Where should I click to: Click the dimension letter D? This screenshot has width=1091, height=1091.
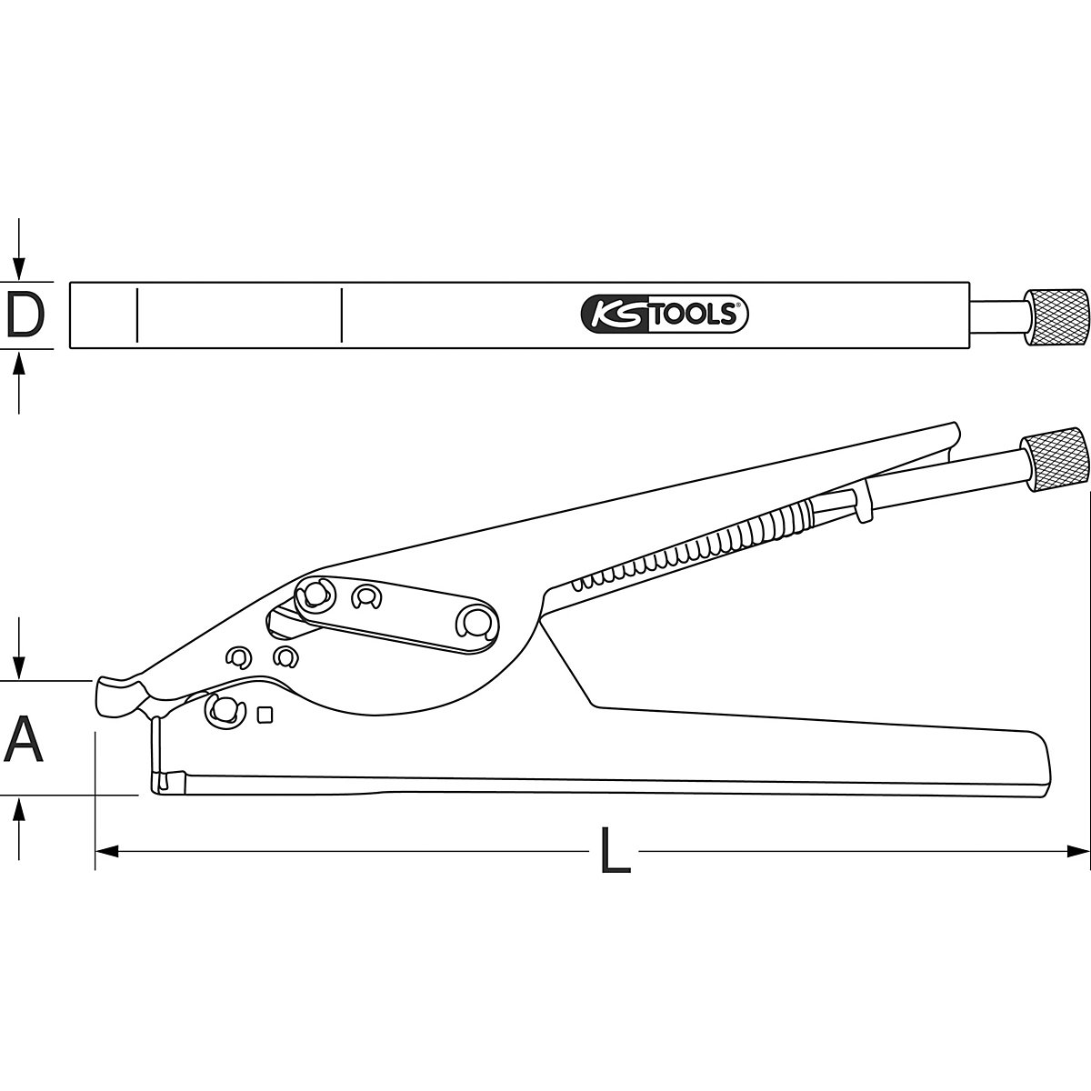click(x=25, y=315)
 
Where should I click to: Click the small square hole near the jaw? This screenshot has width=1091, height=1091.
click(x=265, y=715)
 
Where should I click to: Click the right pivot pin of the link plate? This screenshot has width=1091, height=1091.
click(x=475, y=622)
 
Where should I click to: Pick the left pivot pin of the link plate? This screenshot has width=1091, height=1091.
click(x=315, y=594)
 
